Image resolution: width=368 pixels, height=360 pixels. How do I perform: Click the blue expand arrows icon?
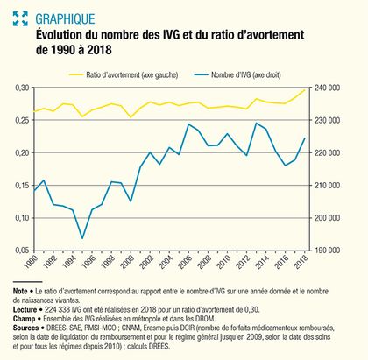20,18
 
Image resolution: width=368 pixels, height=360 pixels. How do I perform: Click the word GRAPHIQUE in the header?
65,19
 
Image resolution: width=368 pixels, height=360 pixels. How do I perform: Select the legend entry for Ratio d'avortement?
124,75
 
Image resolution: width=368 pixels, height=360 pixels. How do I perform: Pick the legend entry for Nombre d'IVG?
237,75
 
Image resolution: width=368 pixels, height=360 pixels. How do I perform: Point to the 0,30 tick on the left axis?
22,88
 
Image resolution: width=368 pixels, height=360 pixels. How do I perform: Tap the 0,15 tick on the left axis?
22,186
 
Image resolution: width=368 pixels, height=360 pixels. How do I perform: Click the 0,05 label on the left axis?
22,251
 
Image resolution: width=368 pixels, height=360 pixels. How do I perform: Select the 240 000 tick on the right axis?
327,88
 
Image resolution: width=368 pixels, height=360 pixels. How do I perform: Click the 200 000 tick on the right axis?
327,218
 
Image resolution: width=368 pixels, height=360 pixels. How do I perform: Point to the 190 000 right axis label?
327,251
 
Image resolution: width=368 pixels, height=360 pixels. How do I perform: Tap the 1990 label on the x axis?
32,261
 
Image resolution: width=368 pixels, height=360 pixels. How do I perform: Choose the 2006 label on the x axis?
185,261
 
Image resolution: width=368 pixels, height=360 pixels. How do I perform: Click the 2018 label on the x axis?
301,261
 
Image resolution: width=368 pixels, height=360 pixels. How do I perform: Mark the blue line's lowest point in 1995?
82,238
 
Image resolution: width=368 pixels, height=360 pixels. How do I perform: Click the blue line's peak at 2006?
188,124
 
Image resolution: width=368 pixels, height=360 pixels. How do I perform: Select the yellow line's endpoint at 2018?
305,90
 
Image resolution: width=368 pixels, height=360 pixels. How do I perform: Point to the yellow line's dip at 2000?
131,117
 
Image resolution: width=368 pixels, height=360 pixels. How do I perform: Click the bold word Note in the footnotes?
20,291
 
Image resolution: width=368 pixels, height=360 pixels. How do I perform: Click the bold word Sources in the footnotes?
25,328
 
